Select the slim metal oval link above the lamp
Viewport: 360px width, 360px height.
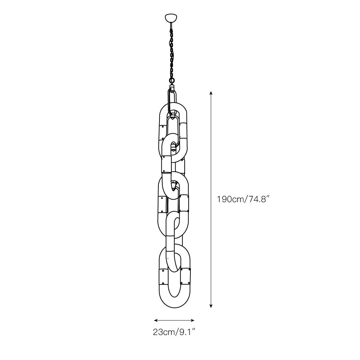pyautogui.click(x=173, y=103)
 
